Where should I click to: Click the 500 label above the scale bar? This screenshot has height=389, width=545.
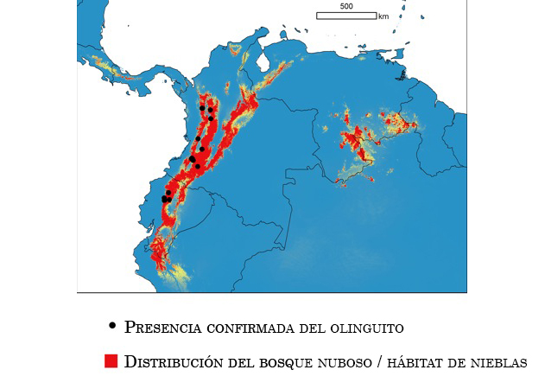(x=346, y=7)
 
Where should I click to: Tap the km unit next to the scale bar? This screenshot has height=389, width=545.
(x=383, y=16)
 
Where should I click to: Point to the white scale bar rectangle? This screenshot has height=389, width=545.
(x=346, y=16)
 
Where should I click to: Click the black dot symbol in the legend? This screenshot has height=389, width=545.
(x=112, y=326)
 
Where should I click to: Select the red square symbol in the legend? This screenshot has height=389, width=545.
(x=111, y=361)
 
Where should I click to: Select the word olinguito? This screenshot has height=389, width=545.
(x=366, y=328)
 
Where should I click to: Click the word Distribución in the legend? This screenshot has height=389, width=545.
(x=173, y=362)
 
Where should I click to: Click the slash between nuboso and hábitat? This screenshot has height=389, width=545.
(x=380, y=362)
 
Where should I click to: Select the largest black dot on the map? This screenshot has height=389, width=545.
(x=193, y=159)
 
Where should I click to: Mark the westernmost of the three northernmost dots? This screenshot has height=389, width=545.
(x=202, y=108)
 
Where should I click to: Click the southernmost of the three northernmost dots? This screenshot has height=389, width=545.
(x=211, y=118)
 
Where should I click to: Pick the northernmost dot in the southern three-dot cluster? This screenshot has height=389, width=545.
(x=168, y=193)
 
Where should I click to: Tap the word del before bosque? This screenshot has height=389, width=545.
(x=244, y=362)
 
